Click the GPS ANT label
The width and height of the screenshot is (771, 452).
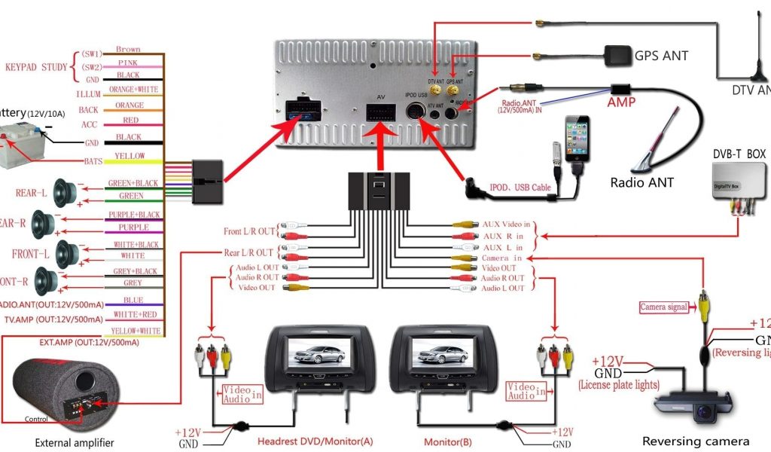[x=661, y=56]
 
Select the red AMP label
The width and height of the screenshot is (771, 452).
[x=621, y=102]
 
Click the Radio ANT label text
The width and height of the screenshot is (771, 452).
[x=641, y=182]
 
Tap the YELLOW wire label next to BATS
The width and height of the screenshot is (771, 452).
[x=130, y=156]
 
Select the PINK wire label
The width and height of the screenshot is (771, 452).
[x=129, y=63]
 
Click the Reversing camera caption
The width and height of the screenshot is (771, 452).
[x=695, y=441]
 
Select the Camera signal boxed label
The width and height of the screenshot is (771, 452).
[x=663, y=307]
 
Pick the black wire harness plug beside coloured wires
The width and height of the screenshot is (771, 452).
[x=207, y=181]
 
